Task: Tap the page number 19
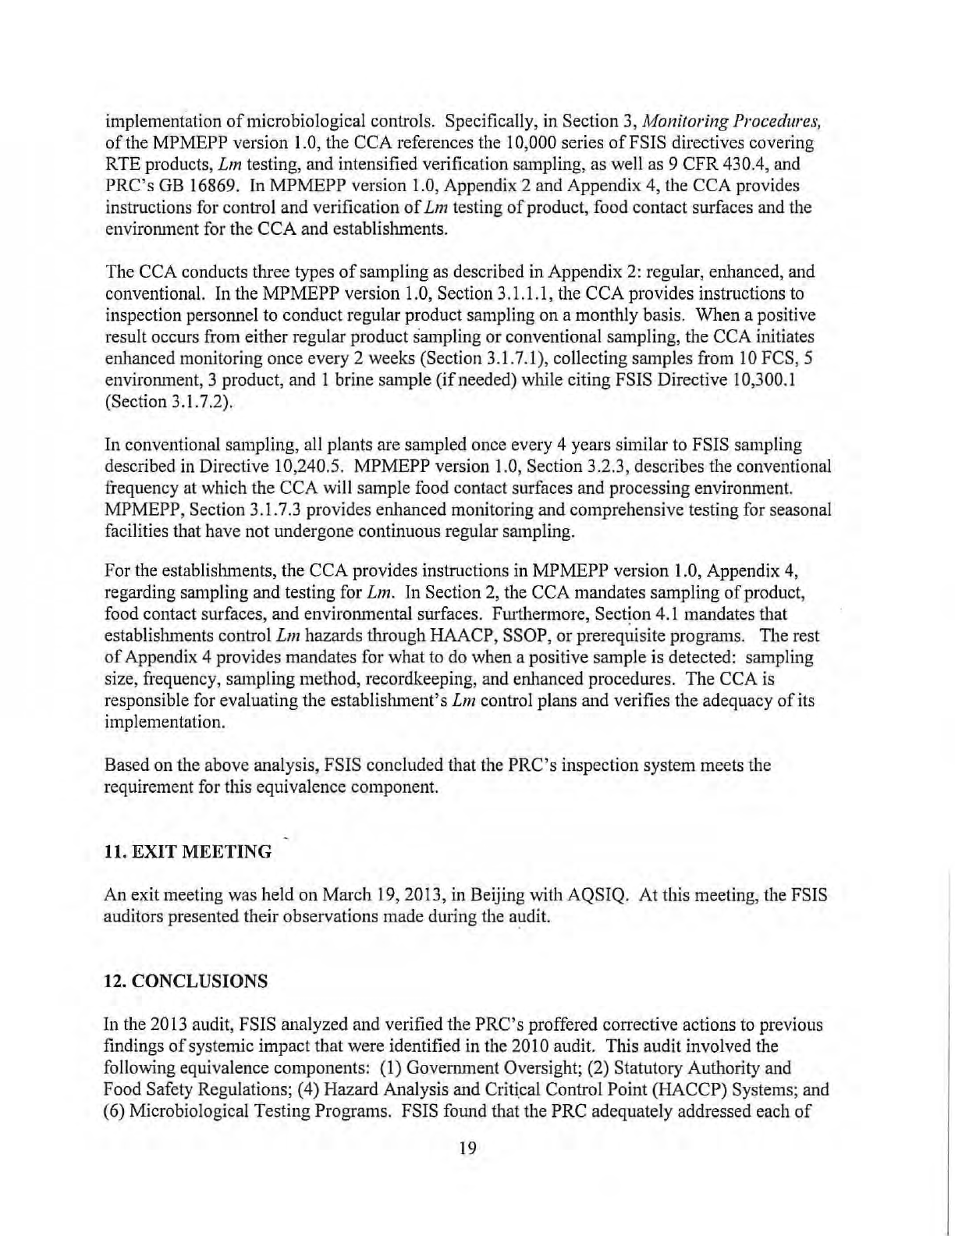click(x=467, y=1147)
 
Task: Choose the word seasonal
click(x=802, y=510)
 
